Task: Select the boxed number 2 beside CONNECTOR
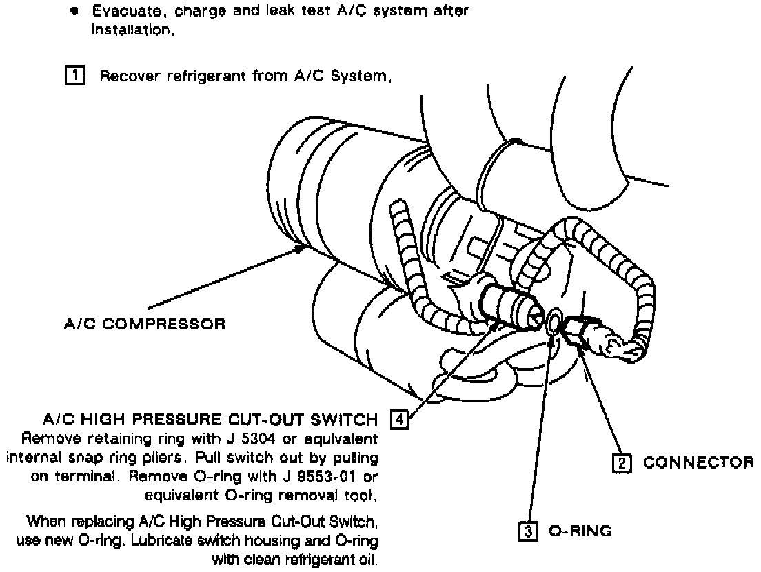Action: (622, 463)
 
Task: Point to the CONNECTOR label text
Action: (698, 463)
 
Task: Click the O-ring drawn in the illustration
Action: (554, 323)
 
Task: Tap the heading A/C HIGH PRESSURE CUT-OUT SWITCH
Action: (210, 420)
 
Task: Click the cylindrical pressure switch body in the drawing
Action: (509, 305)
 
